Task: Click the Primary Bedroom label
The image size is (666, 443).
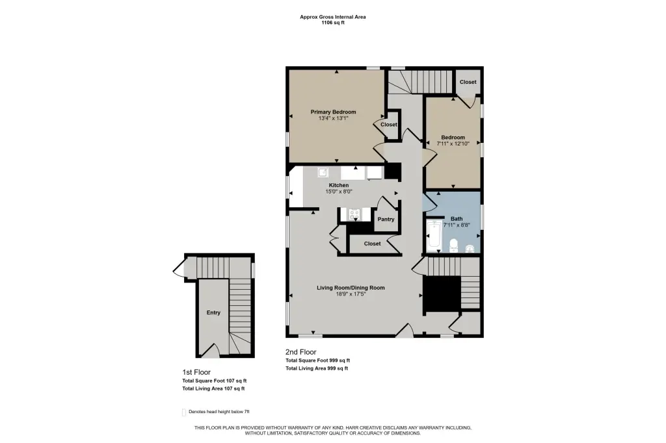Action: tap(333, 112)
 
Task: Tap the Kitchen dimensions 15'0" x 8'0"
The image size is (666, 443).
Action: tap(338, 192)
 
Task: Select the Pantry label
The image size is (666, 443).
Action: tap(386, 220)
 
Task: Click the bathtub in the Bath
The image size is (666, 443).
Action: tap(434, 234)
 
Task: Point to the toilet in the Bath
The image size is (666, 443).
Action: tap(453, 245)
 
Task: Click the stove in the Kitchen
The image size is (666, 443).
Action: tap(354, 215)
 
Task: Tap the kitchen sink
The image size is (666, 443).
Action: tap(323, 172)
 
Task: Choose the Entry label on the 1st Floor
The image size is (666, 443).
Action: tap(213, 312)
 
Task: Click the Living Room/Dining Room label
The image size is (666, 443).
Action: tap(351, 288)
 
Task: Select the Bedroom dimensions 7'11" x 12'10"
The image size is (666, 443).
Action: tap(453, 144)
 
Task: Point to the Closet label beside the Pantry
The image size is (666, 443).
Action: tap(372, 244)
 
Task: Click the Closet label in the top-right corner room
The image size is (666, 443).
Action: tap(468, 82)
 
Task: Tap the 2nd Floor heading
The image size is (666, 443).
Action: tap(300, 352)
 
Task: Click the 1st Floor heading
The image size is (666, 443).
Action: tap(196, 372)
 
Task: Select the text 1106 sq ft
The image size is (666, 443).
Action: tap(333, 23)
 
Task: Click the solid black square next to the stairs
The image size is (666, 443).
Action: tap(443, 294)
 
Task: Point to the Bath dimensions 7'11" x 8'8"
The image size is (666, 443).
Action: tap(457, 225)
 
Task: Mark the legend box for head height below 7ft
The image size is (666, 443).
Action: tap(184, 412)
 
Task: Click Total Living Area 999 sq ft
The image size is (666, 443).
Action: tap(317, 368)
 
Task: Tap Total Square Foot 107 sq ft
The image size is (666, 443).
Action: tap(215, 381)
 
